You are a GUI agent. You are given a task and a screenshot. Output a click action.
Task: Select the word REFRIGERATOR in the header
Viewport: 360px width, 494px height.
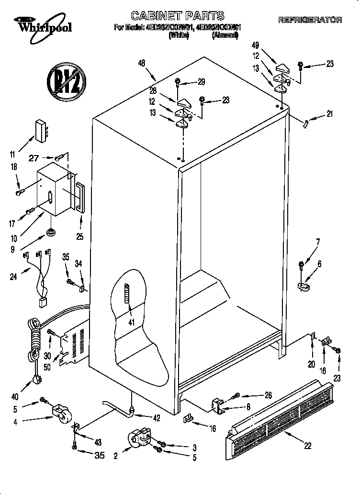click(310, 20)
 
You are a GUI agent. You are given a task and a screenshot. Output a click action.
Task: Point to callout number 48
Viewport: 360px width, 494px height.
click(142, 63)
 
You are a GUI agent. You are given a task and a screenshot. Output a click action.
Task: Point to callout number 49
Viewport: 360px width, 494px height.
click(256, 46)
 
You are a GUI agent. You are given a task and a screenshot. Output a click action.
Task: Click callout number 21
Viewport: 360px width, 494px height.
click(329, 113)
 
